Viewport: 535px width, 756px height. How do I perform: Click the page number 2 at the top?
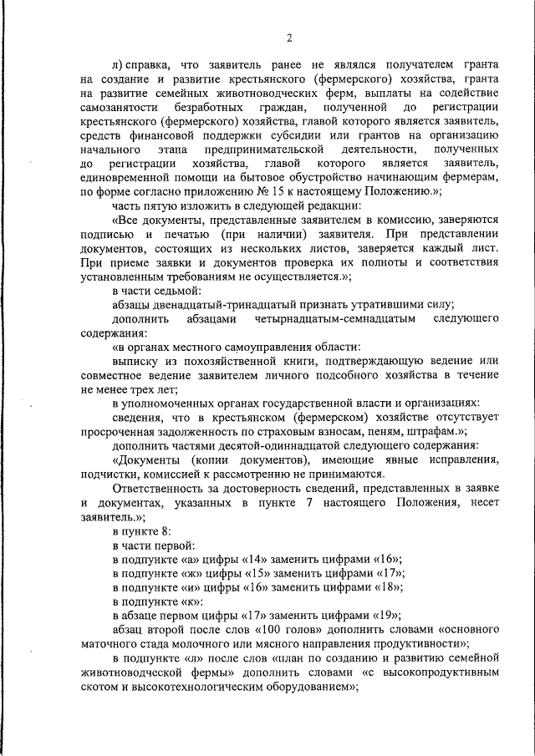[x=288, y=38]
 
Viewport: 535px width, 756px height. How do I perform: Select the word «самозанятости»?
[x=117, y=109]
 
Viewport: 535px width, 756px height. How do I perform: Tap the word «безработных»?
[x=209, y=109]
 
